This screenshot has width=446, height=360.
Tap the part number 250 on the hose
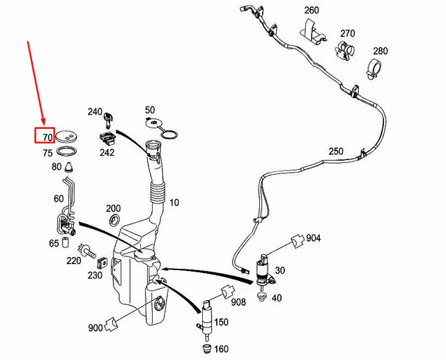(x=337, y=151)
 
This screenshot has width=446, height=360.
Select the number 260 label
(x=311, y=10)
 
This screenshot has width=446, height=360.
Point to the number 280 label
(x=380, y=51)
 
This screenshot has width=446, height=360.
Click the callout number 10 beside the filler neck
(x=174, y=203)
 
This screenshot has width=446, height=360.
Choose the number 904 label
(x=313, y=237)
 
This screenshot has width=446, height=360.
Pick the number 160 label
(x=221, y=348)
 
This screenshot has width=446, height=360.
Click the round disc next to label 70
(x=68, y=135)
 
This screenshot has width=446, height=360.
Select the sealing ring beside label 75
(x=67, y=151)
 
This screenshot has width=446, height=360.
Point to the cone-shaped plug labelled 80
(x=71, y=166)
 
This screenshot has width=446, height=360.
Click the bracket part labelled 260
(x=312, y=31)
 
